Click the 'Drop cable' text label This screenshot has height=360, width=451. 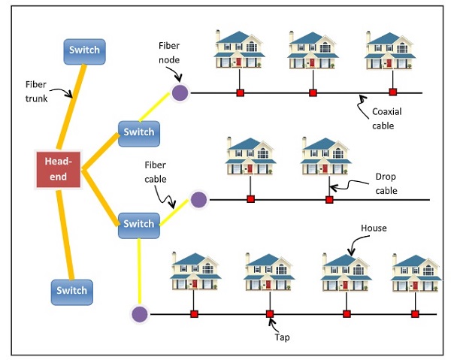point(386,183)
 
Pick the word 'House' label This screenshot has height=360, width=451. point(373,226)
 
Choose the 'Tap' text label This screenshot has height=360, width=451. point(281,337)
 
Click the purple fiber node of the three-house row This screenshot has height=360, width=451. point(180,92)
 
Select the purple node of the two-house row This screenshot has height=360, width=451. point(198,200)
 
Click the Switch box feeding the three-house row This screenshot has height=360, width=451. point(138,132)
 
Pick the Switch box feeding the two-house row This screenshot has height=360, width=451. point(138,224)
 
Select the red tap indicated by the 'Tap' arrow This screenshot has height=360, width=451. point(270,313)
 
